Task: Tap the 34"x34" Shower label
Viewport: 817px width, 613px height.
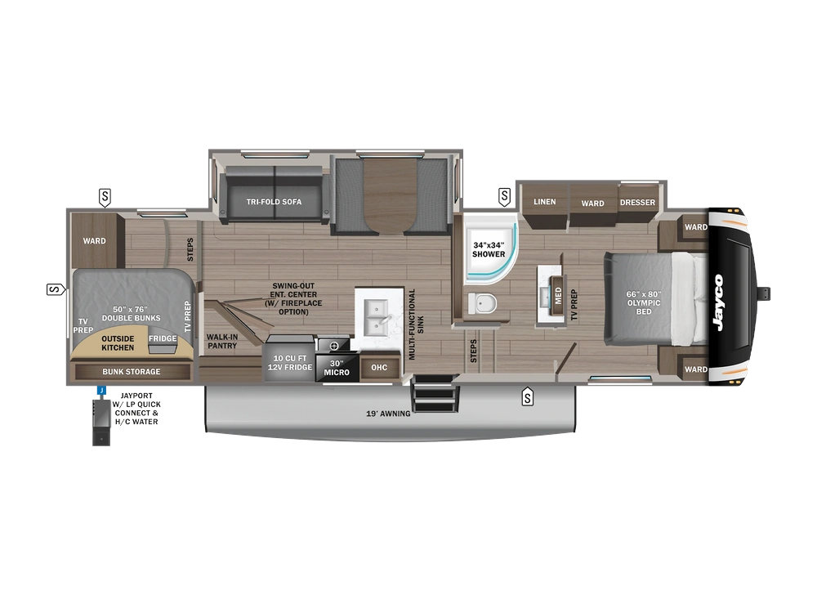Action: click(489, 249)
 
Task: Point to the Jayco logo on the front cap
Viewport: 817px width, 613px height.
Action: click(717, 302)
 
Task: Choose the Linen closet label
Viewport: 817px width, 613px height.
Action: click(545, 202)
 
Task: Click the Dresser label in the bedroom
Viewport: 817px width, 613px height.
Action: click(637, 203)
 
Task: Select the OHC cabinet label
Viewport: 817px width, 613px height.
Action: click(379, 368)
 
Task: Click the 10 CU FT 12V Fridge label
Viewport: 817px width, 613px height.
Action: click(291, 363)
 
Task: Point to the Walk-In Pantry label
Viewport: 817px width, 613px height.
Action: click(221, 341)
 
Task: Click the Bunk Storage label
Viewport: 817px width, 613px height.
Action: click(132, 372)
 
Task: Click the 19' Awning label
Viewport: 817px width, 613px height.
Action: click(388, 414)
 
